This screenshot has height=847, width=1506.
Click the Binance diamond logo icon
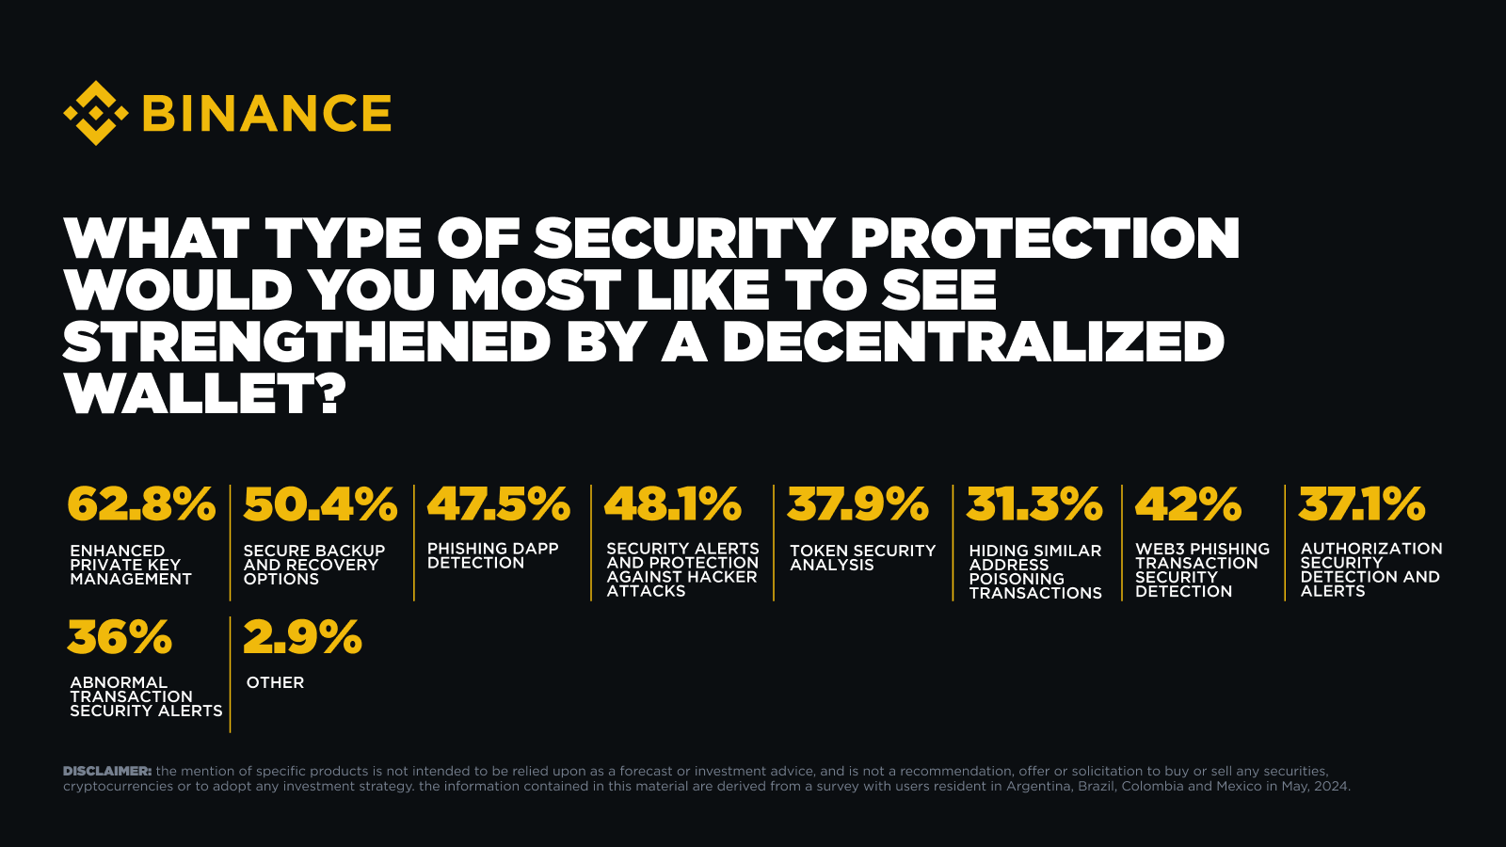[x=95, y=113]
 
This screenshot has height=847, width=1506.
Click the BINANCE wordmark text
[x=266, y=114]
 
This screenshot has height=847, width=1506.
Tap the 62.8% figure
[x=141, y=504]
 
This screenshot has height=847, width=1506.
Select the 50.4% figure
[x=320, y=504]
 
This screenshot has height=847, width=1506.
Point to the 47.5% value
[x=499, y=504]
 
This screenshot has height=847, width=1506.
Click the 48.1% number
[x=673, y=504]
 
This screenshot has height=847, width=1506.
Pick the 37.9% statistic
[x=857, y=504]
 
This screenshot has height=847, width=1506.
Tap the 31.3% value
[x=1034, y=504]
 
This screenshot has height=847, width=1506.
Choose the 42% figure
[x=1188, y=504]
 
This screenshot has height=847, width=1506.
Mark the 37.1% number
[x=1362, y=504]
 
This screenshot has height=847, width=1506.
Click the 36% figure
[x=120, y=638]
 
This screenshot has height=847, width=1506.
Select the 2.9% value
[x=302, y=638]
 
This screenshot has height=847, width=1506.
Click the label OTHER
[x=275, y=682]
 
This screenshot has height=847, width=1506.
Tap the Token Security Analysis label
[x=862, y=557]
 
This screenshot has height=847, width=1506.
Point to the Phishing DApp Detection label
[x=492, y=555]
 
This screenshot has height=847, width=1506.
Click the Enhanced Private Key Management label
[x=131, y=565]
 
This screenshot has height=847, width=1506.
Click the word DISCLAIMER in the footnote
[x=107, y=771]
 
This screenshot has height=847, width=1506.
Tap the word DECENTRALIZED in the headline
[x=973, y=342]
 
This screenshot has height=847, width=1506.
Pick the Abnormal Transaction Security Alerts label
[x=146, y=696]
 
